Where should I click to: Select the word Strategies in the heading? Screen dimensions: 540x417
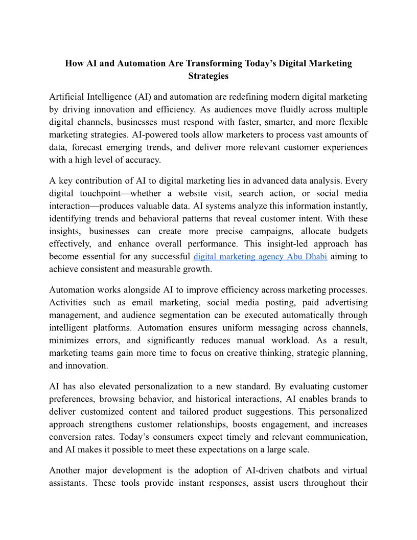coord(208,76)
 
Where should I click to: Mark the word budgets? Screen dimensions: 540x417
coord(349,231)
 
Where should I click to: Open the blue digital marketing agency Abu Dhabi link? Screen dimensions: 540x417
coord(261,256)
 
